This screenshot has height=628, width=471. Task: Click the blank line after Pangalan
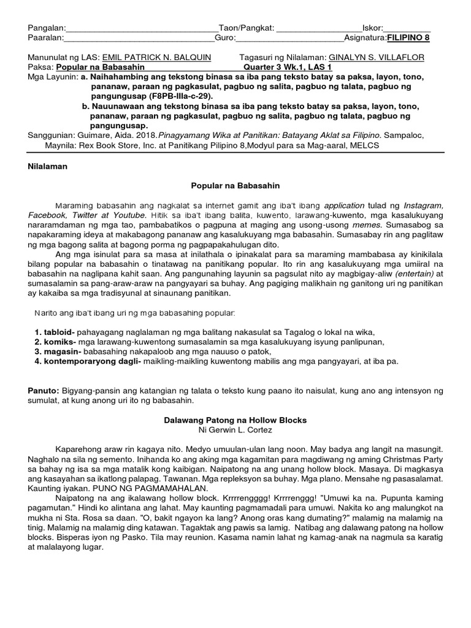coord(141,28)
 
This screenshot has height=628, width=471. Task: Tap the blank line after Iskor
coord(407,28)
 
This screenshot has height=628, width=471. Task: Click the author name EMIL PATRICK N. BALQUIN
coord(156,57)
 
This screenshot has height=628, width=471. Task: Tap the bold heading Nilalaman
coord(48,166)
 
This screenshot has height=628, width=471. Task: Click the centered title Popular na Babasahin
coord(235,185)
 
